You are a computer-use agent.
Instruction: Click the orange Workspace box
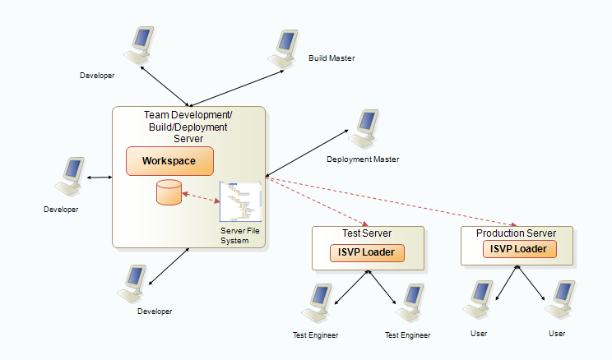tap(169, 161)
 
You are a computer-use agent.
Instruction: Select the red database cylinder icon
tap(169, 193)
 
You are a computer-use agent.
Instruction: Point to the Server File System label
tap(234, 236)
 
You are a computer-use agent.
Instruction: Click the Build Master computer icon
tap(283, 48)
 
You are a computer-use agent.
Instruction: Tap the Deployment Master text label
tap(363, 159)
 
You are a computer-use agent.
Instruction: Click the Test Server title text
tap(368, 233)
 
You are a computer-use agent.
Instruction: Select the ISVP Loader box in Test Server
tap(368, 252)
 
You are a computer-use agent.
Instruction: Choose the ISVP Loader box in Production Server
tap(519, 248)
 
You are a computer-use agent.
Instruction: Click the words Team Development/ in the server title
tap(188, 115)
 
